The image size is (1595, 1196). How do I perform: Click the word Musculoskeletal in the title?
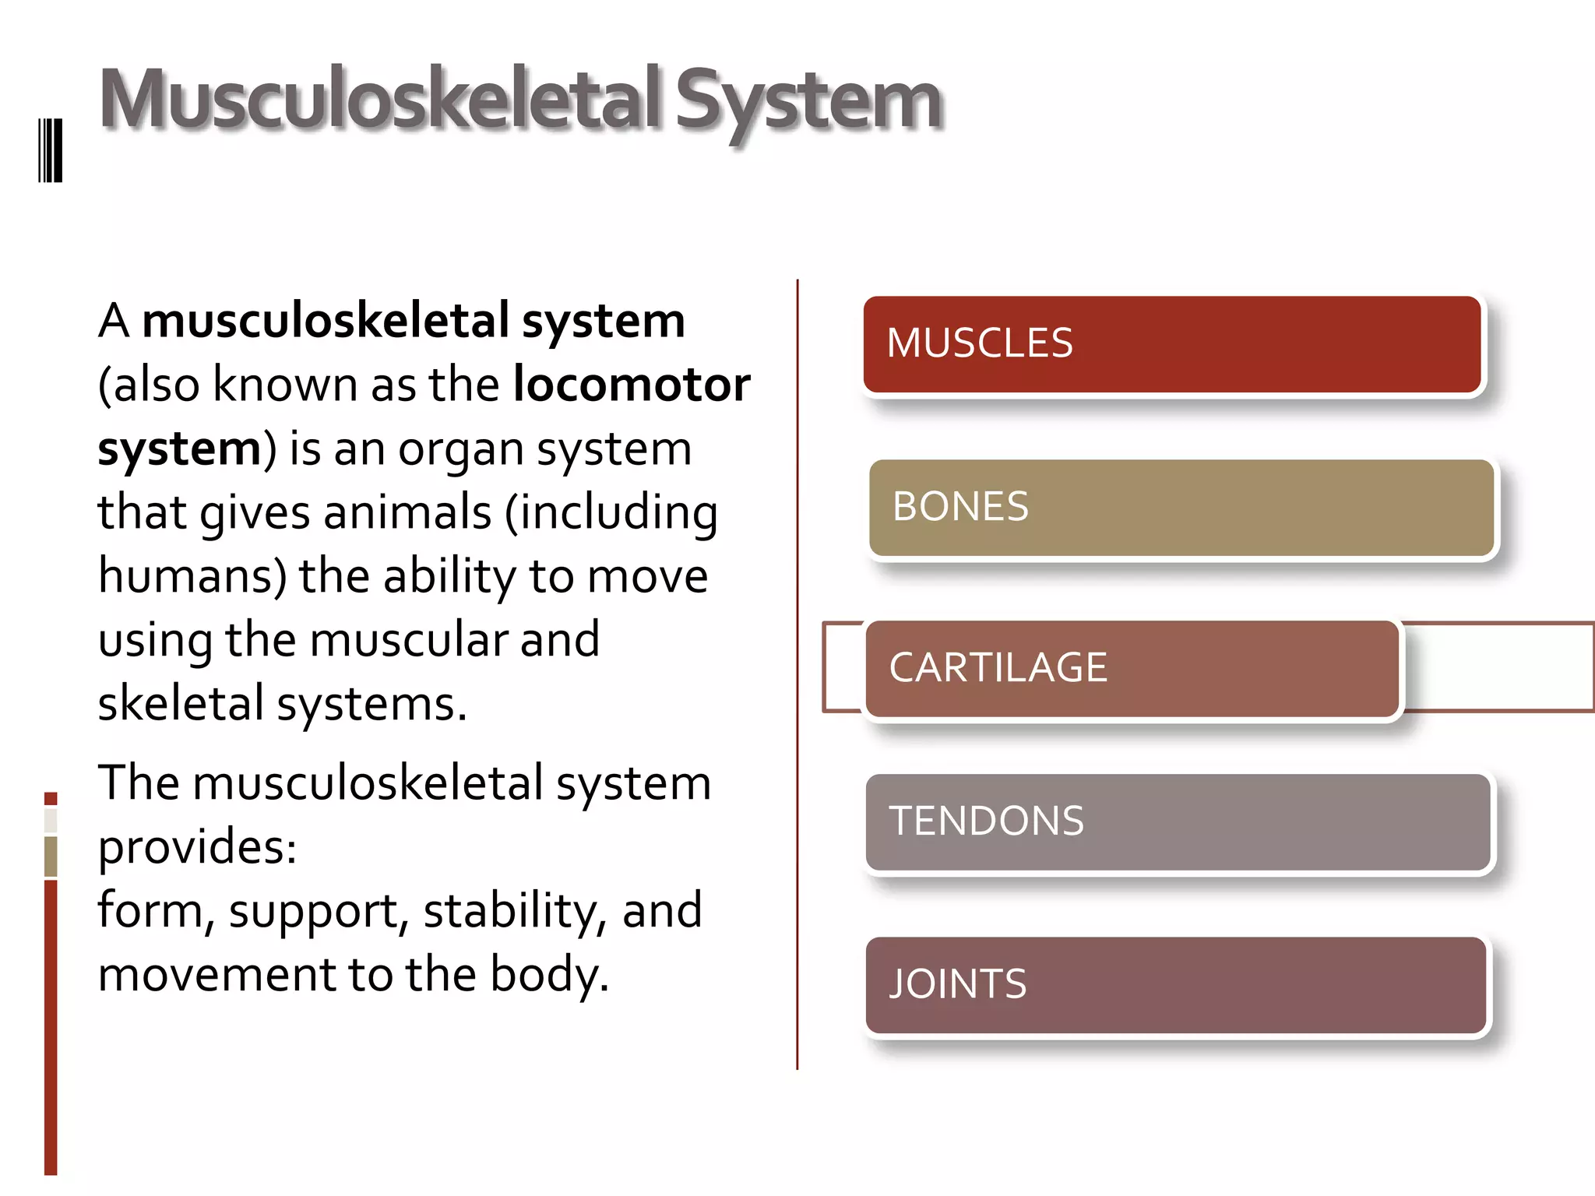click(x=382, y=100)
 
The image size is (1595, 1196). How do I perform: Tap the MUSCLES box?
click(x=1172, y=344)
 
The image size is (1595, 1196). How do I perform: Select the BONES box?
click(x=1181, y=508)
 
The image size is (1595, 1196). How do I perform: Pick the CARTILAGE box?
click(x=1132, y=669)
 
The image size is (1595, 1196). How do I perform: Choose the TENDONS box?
click(x=1178, y=822)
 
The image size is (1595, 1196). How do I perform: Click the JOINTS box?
click(x=1176, y=985)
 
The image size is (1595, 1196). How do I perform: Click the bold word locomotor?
click(x=632, y=385)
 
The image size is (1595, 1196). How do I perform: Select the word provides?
click(x=197, y=846)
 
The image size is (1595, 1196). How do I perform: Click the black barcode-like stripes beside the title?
click(x=51, y=150)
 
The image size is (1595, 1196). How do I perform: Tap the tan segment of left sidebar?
click(x=51, y=856)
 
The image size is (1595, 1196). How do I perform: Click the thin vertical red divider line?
click(x=797, y=674)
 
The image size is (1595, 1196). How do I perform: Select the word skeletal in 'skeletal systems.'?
click(x=181, y=704)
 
